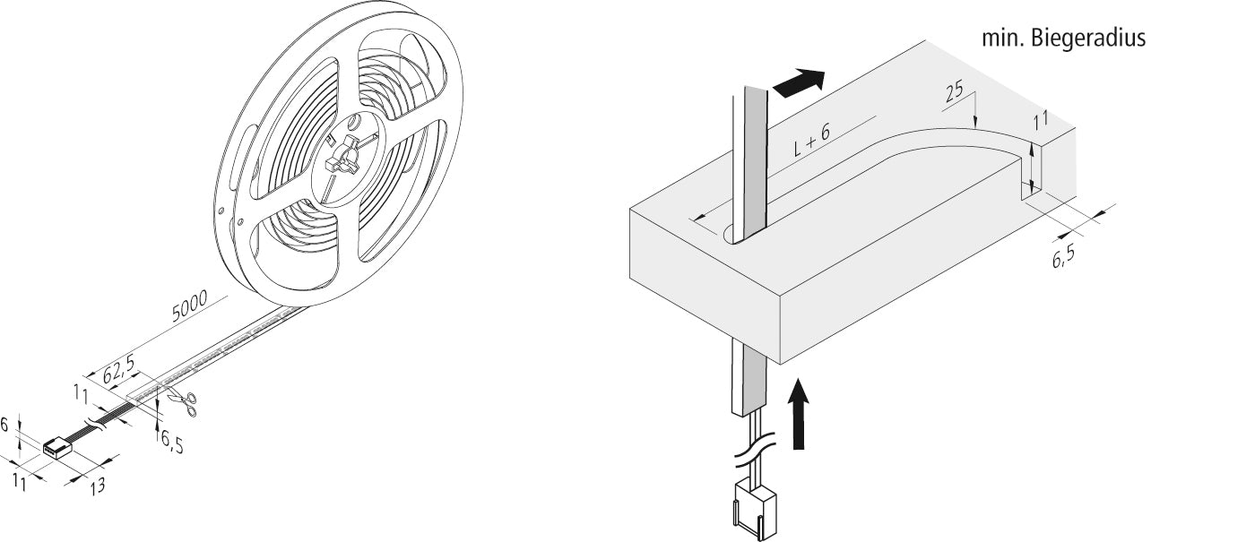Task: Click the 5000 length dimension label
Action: click(189, 305)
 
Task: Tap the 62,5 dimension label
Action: click(118, 370)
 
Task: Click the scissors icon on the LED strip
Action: click(183, 404)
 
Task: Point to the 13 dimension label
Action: click(97, 486)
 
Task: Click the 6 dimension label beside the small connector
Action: click(4, 425)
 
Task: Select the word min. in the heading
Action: click(1003, 39)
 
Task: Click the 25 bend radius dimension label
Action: click(955, 91)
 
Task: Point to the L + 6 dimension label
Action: click(812, 140)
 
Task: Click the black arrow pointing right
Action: click(799, 83)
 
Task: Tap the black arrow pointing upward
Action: click(799, 414)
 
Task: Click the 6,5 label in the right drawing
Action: click(1063, 257)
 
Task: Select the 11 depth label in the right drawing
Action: click(1041, 121)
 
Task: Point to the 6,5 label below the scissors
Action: click(172, 442)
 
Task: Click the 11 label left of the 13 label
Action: click(20, 482)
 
